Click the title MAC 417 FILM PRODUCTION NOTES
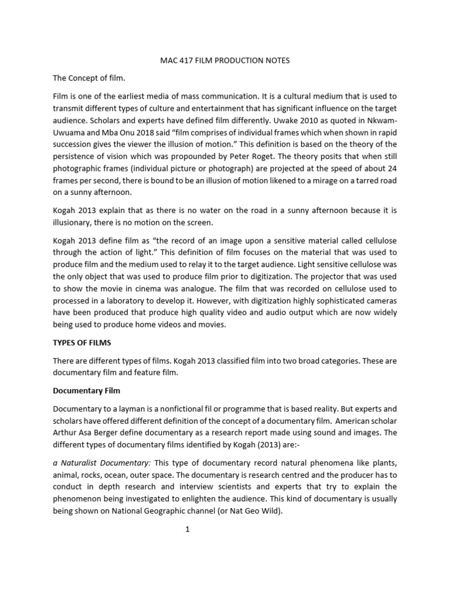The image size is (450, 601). point(225,60)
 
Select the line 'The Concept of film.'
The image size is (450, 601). point(89,78)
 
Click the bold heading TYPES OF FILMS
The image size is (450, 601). point(82,342)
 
